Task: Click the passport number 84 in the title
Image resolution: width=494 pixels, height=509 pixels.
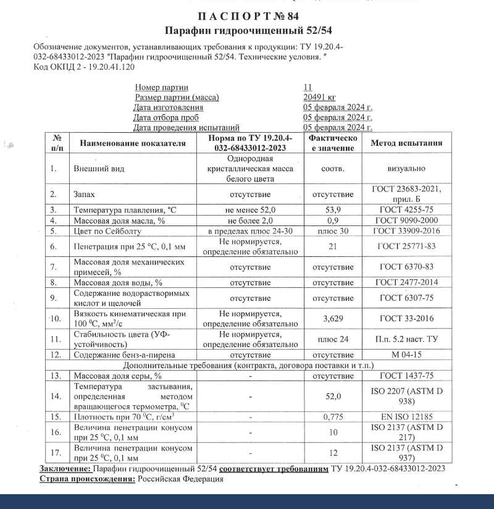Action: (x=282, y=16)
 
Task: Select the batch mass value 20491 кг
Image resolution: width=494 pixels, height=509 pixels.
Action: (x=319, y=97)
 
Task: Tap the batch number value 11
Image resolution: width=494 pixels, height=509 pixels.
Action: (x=308, y=87)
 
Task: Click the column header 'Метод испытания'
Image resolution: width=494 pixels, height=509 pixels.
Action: (x=406, y=143)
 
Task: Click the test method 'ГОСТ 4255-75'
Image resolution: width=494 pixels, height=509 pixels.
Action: (x=406, y=210)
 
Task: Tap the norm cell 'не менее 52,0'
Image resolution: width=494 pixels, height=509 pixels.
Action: (x=251, y=210)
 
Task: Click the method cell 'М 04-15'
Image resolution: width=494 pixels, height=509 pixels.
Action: (x=406, y=355)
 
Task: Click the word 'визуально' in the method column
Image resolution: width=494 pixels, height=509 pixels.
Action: (x=406, y=168)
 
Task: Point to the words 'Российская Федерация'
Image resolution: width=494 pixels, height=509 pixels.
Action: (x=180, y=479)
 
